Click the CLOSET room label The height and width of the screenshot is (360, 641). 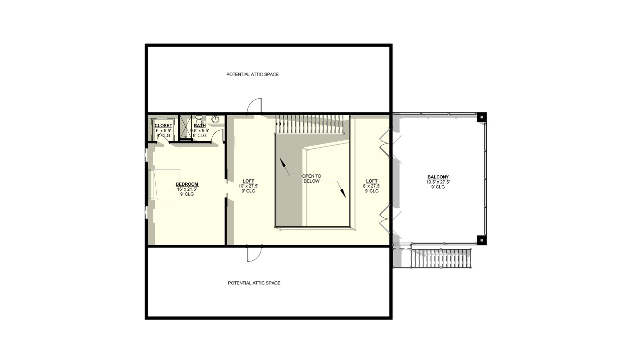click(x=163, y=125)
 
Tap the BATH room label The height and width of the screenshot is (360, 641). click(x=199, y=125)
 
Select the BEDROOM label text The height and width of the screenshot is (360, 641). click(x=187, y=184)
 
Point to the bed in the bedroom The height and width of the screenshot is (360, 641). click(x=164, y=184)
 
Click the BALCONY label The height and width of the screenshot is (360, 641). click(x=438, y=177)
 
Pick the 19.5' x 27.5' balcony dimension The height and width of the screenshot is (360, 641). click(x=438, y=182)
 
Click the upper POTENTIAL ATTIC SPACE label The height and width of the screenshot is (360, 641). click(x=252, y=75)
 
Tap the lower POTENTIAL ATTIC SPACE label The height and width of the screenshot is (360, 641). click(x=254, y=283)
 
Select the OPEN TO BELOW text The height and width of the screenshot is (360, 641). click(x=311, y=179)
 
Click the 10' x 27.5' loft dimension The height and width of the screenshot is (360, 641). click(x=248, y=186)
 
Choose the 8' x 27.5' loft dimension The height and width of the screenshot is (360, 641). click(x=372, y=186)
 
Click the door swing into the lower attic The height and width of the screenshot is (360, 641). click(x=254, y=254)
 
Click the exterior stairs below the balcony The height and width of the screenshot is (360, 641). click(x=441, y=258)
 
